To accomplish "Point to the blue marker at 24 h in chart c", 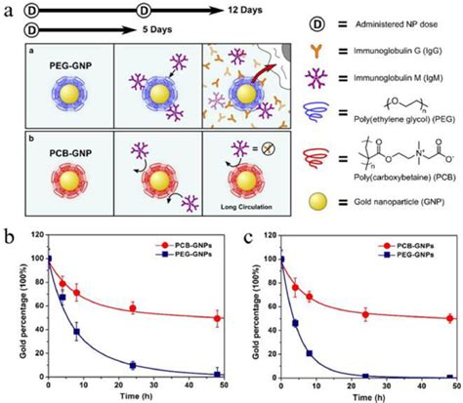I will [x=367, y=376].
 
